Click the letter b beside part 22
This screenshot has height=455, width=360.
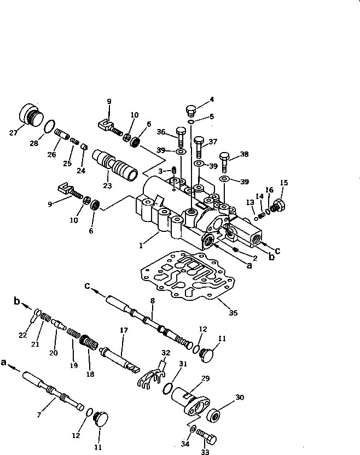pyautogui.click(x=16, y=301)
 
